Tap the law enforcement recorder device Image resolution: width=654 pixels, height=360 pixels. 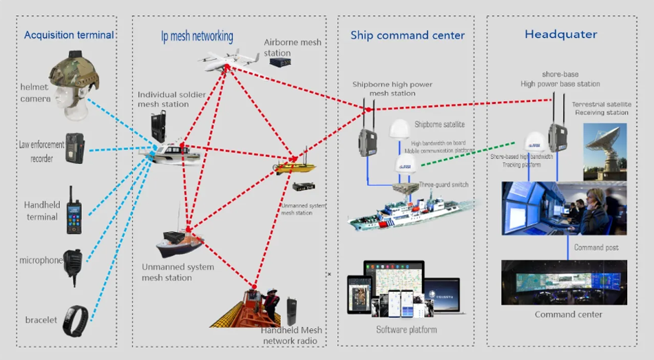(73, 148)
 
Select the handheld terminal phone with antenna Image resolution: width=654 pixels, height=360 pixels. (73, 209)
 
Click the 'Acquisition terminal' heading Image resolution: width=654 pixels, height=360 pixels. (69, 35)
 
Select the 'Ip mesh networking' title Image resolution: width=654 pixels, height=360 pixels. (192, 36)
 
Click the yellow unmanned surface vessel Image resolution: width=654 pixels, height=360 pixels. (294, 166)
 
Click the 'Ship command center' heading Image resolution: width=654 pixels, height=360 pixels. (408, 35)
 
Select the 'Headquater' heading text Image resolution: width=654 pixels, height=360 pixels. (560, 34)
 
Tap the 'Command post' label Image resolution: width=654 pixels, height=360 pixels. (596, 248)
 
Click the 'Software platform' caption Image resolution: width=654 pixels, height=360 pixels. (406, 330)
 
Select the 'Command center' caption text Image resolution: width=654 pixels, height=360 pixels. (568, 315)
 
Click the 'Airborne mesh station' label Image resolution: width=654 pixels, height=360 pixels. (292, 47)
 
